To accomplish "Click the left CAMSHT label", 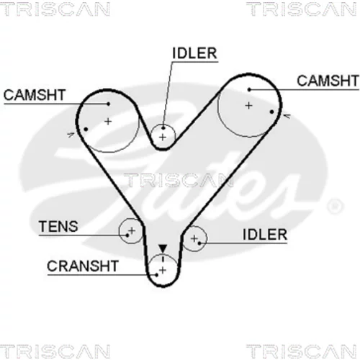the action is pyautogui.click(x=35, y=95).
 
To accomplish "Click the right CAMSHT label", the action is pyautogui.click(x=328, y=81).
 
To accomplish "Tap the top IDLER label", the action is pyautogui.click(x=194, y=53).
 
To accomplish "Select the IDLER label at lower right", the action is pyautogui.click(x=265, y=235).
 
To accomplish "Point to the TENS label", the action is pyautogui.click(x=58, y=226).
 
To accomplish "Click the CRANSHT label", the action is pyautogui.click(x=83, y=266).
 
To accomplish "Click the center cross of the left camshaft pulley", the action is pyautogui.click(x=108, y=122).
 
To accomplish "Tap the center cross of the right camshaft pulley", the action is pyautogui.click(x=249, y=106).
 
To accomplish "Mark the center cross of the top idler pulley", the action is pyautogui.click(x=163, y=138).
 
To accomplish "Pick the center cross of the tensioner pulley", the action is pyautogui.click(x=132, y=230).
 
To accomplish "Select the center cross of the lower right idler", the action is pyautogui.click(x=194, y=238).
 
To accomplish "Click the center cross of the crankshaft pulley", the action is pyautogui.click(x=163, y=271).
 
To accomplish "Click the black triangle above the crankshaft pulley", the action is pyautogui.click(x=163, y=248).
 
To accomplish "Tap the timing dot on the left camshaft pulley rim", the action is pyautogui.click(x=86, y=130).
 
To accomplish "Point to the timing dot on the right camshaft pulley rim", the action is pyautogui.click(x=271, y=112).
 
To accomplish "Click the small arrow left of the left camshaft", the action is pyautogui.click(x=71, y=135).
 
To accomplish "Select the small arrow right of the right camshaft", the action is pyautogui.click(x=287, y=116).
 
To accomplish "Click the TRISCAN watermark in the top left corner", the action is pyautogui.click(x=55, y=9).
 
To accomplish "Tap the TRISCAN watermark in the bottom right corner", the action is pyautogui.click(x=302, y=351).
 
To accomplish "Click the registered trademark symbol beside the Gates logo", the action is pyautogui.click(x=336, y=206).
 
